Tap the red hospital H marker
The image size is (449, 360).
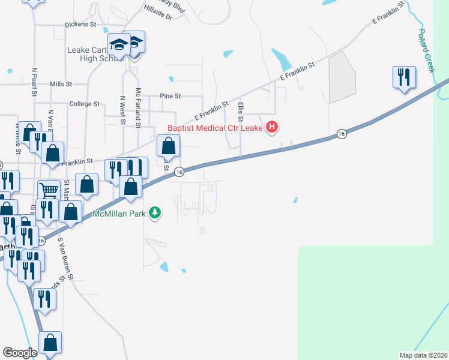tap(273, 127)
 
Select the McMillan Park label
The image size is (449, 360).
tap(119, 213)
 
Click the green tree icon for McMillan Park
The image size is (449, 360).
tap(155, 212)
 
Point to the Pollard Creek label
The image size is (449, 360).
tap(426, 51)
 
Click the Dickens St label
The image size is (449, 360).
tap(80, 25)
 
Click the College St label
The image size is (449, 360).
tap(84, 104)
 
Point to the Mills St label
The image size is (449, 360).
tap(61, 85)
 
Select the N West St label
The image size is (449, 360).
tap(122, 110)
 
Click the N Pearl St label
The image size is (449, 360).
tap(35, 82)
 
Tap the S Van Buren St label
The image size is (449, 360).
tap(65, 259)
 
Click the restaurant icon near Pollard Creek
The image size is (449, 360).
tap(403, 77)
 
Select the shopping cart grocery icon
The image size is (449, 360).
tap(49, 191)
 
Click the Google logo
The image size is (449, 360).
tap(20, 353)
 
